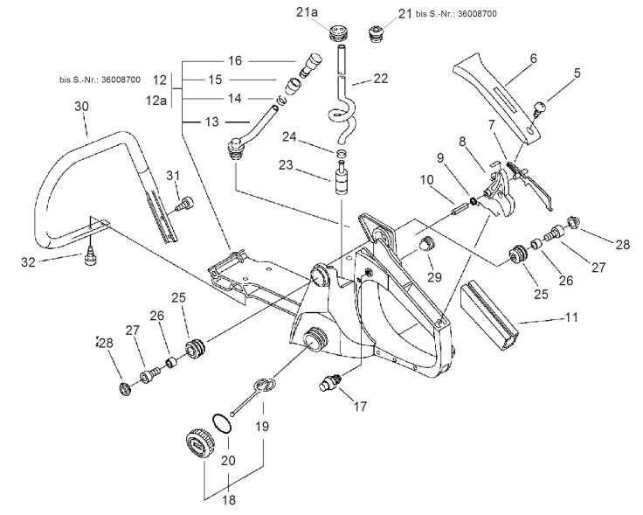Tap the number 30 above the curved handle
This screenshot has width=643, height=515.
(x=81, y=107)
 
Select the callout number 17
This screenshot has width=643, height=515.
(x=360, y=407)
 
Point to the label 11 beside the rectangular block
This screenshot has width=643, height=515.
(x=571, y=317)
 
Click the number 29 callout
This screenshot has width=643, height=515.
(x=435, y=277)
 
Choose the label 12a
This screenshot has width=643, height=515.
(x=156, y=100)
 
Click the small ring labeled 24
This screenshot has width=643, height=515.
(x=342, y=154)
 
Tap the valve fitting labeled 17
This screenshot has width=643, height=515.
(x=330, y=382)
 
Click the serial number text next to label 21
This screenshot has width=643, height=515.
(x=456, y=14)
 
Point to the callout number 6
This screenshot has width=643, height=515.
(x=533, y=59)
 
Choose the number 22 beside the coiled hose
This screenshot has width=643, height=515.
(x=380, y=78)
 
